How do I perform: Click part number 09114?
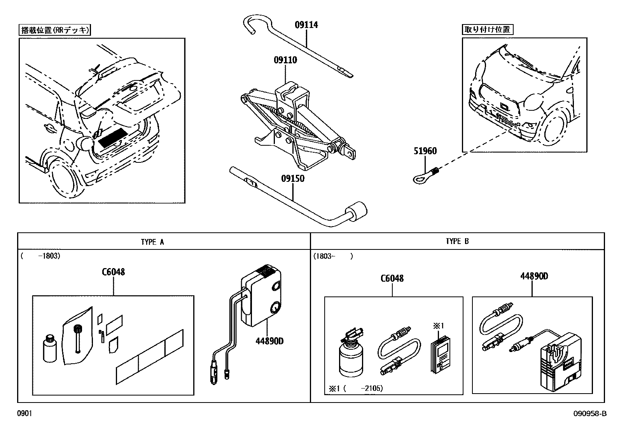coord(306,25)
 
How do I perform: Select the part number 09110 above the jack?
coord(285,60)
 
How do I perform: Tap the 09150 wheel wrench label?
coord(293,179)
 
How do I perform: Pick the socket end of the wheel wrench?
coord(357,212)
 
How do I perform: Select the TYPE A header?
coord(152,242)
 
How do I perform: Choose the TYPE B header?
coord(457,241)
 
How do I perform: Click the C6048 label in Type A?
coord(113,272)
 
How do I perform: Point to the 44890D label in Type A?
coord(269,341)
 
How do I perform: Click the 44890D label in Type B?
coord(534,276)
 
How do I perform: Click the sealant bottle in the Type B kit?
coord(351,356)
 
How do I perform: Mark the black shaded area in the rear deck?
coord(113,137)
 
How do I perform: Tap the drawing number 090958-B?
coord(590,414)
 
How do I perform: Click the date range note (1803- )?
coord(333,256)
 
